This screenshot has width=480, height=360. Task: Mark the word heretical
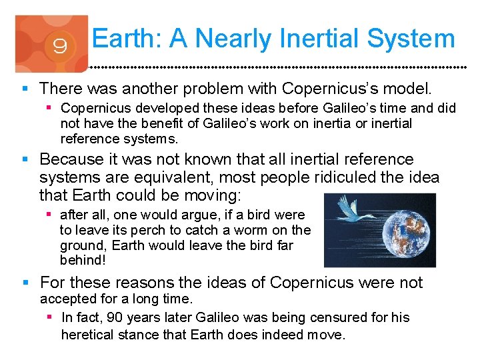tap(87, 334)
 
